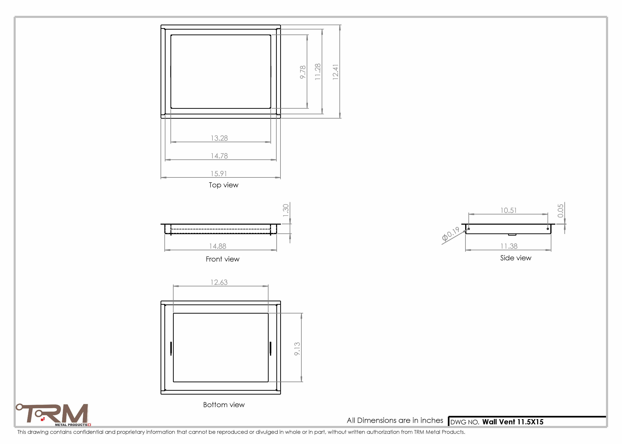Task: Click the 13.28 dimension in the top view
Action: click(219, 138)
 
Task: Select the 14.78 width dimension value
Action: click(219, 156)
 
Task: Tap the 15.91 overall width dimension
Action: click(219, 174)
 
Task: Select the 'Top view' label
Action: click(223, 185)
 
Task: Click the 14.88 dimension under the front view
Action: click(218, 246)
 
